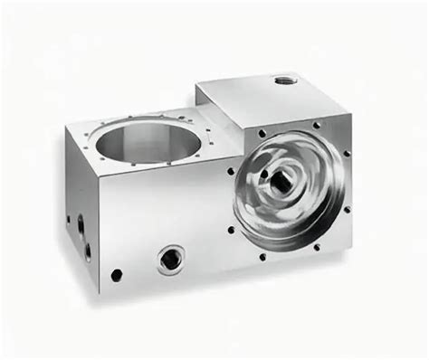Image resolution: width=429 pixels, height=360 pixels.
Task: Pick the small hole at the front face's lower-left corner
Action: [x=117, y=273]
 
